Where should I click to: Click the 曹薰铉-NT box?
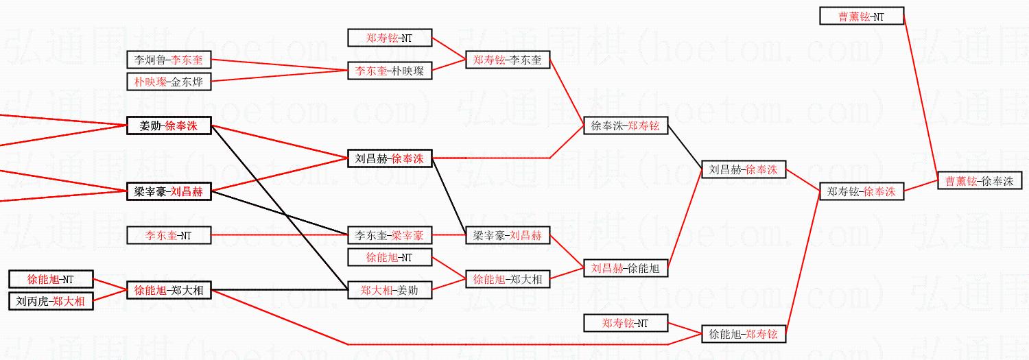[x=862, y=16]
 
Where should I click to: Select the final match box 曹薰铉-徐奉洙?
[x=979, y=181]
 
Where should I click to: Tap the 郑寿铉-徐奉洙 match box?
[x=862, y=192]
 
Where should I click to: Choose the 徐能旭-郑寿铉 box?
[x=744, y=334]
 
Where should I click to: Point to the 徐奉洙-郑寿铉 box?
[x=625, y=125]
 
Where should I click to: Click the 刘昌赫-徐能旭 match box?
[x=625, y=268]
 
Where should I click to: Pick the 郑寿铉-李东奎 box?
[x=507, y=60]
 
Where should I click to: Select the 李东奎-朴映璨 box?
[x=390, y=71]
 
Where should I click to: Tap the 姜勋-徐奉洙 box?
[x=169, y=125]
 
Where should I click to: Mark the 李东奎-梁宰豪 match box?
[x=390, y=235]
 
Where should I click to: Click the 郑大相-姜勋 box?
[x=390, y=290]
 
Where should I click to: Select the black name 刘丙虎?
[x=31, y=301]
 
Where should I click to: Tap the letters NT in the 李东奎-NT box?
[x=185, y=235]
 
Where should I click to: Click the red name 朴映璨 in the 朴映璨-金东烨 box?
[x=150, y=82]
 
